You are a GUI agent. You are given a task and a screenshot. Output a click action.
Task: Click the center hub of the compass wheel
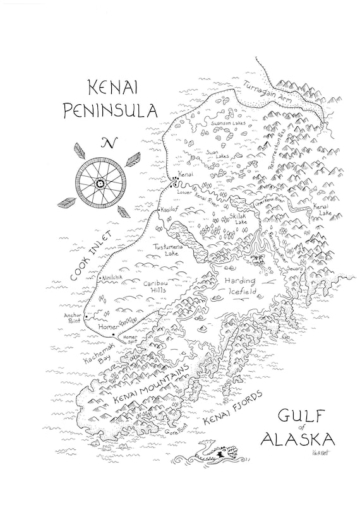tap(99, 183)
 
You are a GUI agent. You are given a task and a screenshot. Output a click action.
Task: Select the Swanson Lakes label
tap(228, 123)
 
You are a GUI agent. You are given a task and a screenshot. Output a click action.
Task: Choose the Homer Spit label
tap(131, 339)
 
